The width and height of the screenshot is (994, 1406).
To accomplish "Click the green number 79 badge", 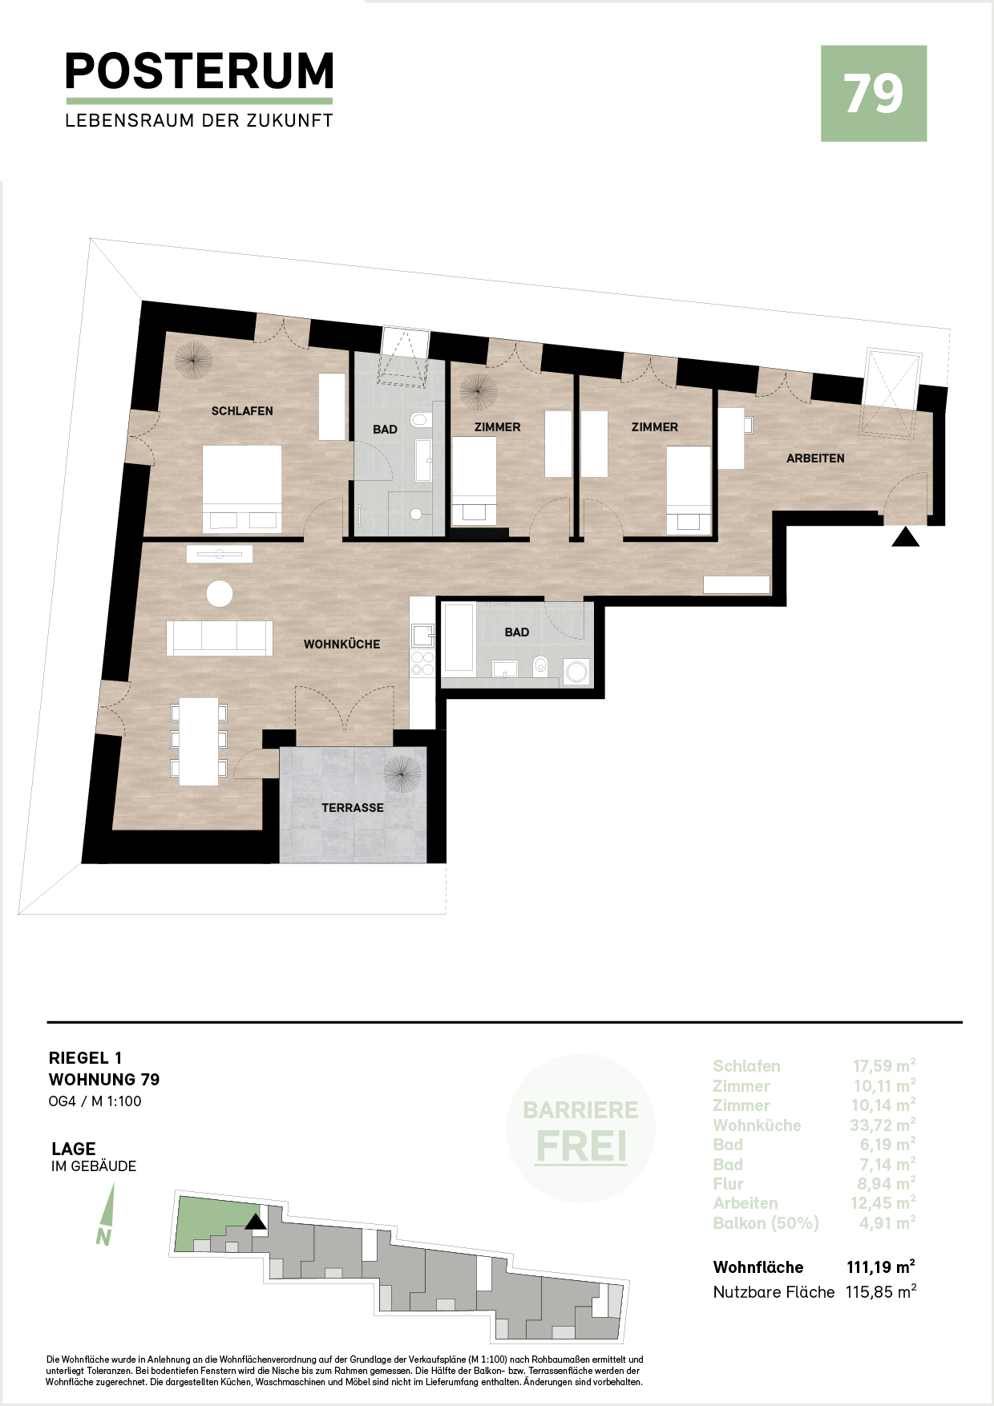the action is coord(874,94).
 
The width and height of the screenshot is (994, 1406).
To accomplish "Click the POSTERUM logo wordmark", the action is coord(200,71).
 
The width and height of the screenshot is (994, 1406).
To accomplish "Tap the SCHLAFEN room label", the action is coord(242,411).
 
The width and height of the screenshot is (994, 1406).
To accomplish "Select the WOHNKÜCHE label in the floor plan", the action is coord(341,644).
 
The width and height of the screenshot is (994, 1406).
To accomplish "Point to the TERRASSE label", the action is coord(353,808).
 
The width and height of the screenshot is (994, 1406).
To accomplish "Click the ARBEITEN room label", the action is coord(815,459).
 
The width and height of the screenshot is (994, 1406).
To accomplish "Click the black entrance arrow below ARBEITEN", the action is coord(906,537).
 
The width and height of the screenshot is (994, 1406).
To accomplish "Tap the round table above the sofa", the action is coord(220,594).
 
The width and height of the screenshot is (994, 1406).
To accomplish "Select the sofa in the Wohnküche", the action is coord(220,638).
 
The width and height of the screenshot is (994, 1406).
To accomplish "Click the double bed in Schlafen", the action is coord(242,489).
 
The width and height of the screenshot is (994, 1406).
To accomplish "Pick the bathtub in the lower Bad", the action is coord(459,638).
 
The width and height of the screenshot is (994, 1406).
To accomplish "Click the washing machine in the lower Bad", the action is coord(577,672).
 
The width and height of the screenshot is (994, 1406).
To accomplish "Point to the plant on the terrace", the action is coord(402,774).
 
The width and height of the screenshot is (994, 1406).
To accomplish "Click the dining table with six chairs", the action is coord(199,741).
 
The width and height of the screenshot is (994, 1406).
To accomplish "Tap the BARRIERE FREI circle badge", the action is coord(581,1129).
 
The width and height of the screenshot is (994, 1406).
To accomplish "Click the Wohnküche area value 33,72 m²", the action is coord(883,1125).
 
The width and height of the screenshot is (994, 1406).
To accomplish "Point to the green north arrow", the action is coord(106,1214).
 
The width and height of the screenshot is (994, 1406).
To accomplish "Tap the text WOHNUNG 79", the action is coord(104,1080).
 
